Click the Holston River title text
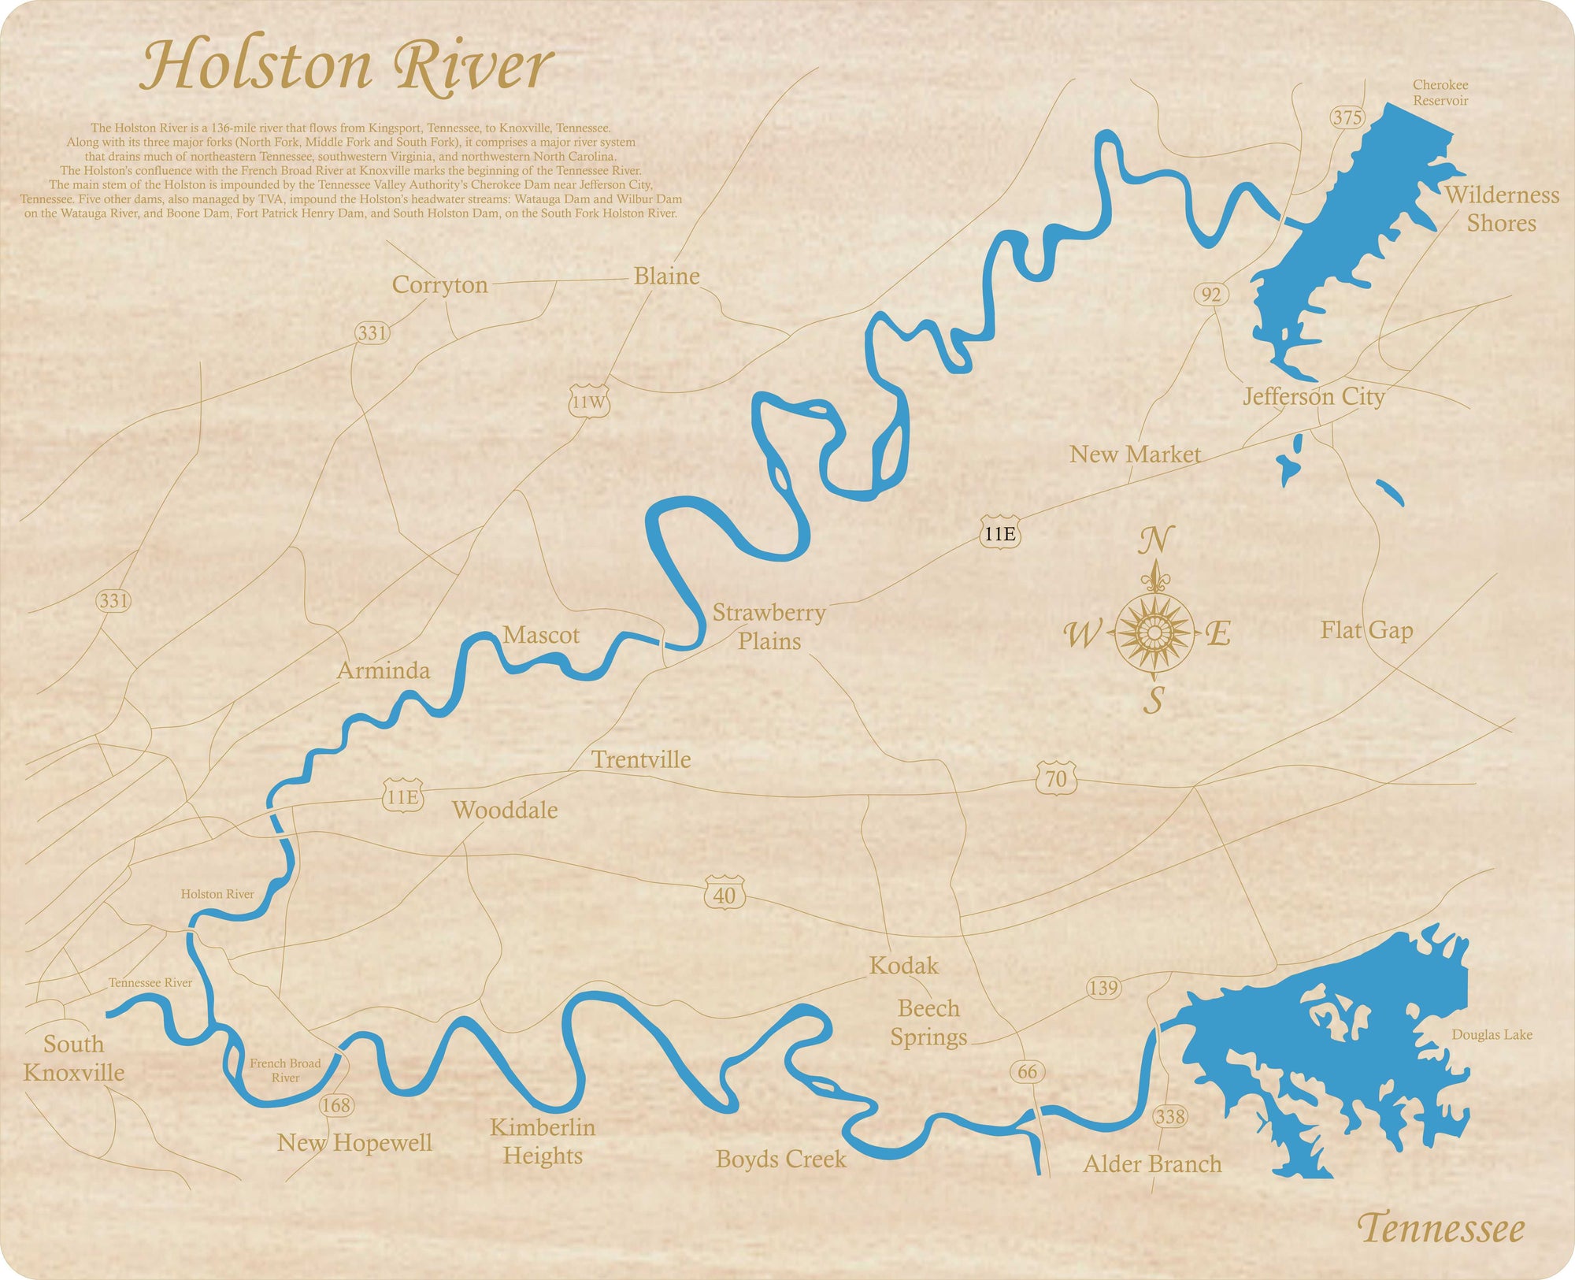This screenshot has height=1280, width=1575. (x=346, y=66)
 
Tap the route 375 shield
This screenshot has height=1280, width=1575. (x=1347, y=117)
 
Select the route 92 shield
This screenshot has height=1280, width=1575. (x=1211, y=295)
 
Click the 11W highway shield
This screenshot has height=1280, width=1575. (x=589, y=402)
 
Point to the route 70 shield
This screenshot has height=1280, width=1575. (x=1055, y=778)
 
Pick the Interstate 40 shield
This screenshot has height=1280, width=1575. (x=724, y=894)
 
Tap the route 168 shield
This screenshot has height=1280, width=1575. (x=336, y=1105)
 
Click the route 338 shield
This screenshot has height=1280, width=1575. (x=1169, y=1116)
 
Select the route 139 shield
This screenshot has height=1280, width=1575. (x=1103, y=988)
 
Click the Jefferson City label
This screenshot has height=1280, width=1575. (x=1313, y=396)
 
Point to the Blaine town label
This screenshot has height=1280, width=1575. (x=666, y=276)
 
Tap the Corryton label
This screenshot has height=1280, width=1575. (x=439, y=284)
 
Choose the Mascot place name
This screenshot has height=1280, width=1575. (x=541, y=635)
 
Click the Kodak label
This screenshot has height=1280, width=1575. (x=904, y=966)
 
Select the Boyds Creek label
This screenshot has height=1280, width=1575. (x=780, y=1159)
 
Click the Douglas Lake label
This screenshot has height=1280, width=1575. (x=1492, y=1034)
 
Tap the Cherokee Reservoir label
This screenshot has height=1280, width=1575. (x=1440, y=92)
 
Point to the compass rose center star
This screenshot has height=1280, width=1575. (x=1154, y=632)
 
